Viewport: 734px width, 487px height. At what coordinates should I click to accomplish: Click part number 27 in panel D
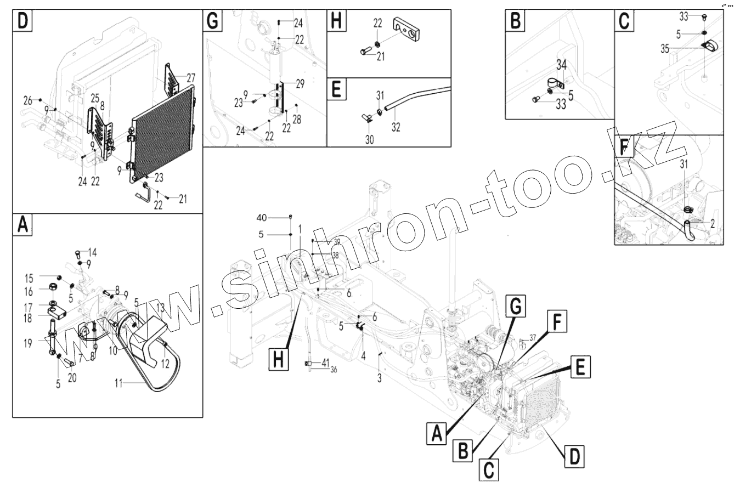pos(190,76)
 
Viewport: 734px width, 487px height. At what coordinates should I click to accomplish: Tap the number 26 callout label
pos(27,100)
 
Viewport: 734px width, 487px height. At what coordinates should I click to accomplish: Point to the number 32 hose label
pos(396,127)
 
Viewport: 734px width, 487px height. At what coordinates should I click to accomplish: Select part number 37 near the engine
pos(532,337)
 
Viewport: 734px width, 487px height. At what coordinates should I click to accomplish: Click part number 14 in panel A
pos(92,252)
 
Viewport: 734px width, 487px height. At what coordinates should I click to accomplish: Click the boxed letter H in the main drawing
pos(279,360)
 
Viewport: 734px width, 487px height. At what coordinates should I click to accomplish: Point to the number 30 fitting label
pos(370,140)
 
